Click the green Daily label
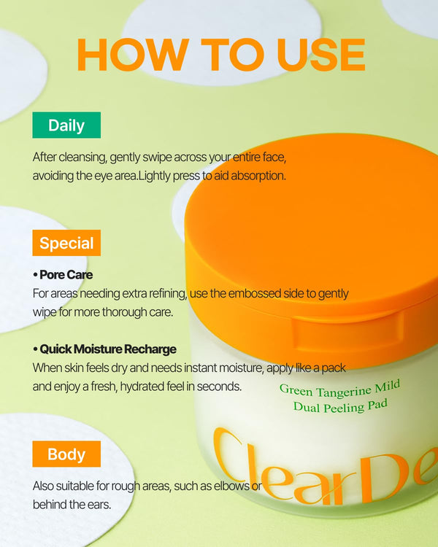click(x=66, y=125)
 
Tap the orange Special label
click(x=66, y=243)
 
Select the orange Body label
click(x=66, y=454)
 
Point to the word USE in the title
click(x=321, y=55)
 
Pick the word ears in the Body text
click(x=101, y=505)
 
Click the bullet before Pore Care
click(x=35, y=275)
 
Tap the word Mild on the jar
click(x=387, y=387)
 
